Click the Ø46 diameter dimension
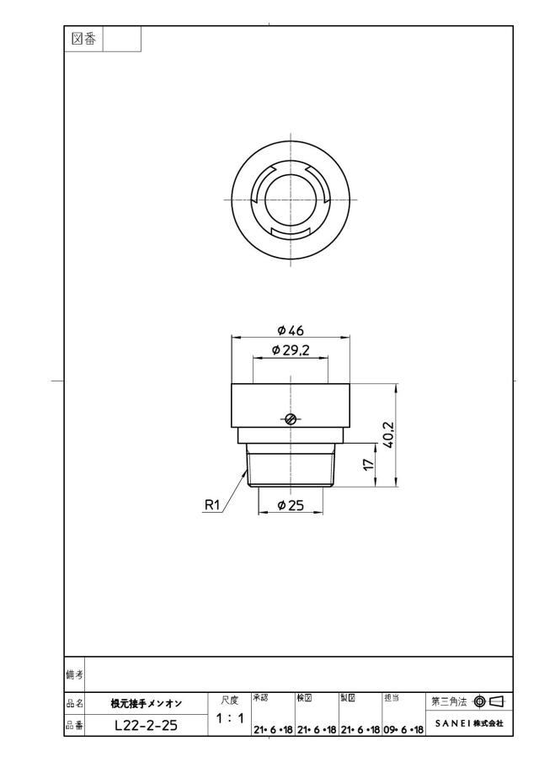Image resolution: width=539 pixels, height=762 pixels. click(x=291, y=330)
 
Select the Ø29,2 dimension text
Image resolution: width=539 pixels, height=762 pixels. click(x=291, y=350)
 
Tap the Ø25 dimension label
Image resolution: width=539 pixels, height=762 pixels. click(x=291, y=505)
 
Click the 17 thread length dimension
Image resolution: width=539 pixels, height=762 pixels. click(x=370, y=464)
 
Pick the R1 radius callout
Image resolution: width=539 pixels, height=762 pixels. click(x=212, y=505)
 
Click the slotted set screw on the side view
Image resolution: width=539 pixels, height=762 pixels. click(x=291, y=419)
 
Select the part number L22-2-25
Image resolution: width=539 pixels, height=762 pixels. click(x=147, y=725)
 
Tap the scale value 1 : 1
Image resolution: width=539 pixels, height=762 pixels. click(x=230, y=717)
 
